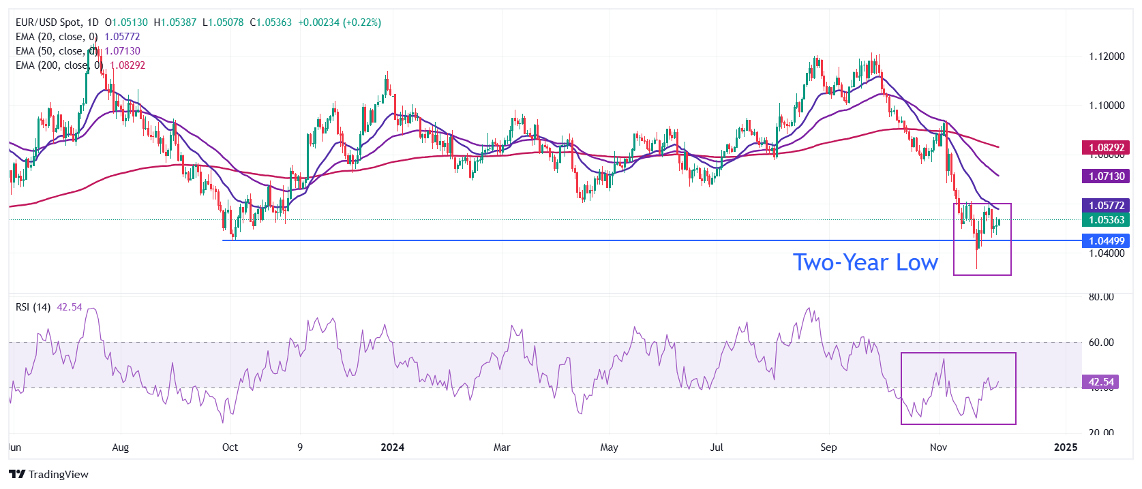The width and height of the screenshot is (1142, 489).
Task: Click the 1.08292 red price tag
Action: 1106,147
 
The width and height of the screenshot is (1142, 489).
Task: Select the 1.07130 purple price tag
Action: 1106,176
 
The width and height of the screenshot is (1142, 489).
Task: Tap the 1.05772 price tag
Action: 1106,205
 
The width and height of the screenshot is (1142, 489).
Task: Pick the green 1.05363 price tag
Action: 1106,219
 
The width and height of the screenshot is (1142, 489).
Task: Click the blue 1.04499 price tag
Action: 1106,240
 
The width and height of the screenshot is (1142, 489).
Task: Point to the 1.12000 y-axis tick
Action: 1107,57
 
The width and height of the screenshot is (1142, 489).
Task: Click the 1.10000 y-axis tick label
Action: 1107,106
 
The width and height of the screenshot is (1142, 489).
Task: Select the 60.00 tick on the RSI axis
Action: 1101,343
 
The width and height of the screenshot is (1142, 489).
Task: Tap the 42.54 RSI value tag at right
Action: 1100,382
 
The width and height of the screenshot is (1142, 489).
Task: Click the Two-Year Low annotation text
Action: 865,262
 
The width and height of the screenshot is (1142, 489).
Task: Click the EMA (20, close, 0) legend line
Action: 57,37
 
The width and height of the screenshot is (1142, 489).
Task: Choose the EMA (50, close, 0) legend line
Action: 57,51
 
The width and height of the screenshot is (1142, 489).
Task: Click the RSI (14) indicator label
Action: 33,307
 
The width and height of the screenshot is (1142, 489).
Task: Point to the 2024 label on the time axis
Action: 392,447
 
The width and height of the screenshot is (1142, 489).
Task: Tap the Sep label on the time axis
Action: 828,447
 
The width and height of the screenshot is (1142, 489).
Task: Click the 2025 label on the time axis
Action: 1066,447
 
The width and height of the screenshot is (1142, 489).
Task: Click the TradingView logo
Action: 49,474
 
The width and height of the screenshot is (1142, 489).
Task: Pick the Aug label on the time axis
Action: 120,447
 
